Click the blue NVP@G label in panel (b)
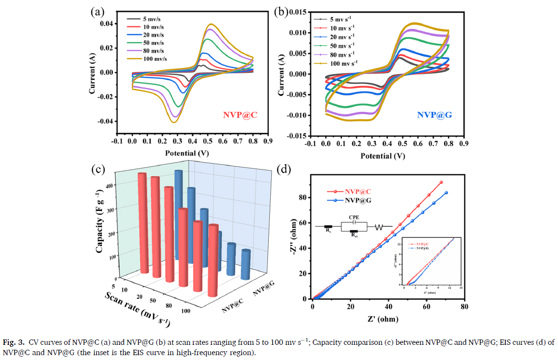(x=434, y=116)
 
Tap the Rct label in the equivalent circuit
(x=354, y=235)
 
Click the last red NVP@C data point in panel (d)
(x=441, y=182)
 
